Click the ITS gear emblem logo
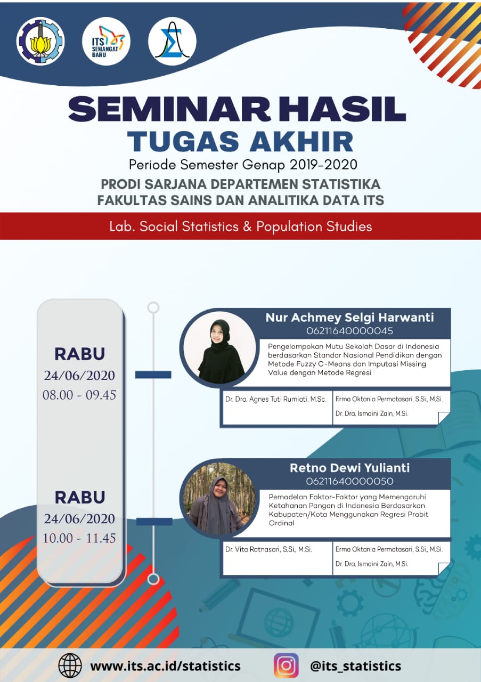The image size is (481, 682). (40, 42)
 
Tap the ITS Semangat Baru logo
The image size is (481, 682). (106, 42)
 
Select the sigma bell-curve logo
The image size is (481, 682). (172, 42)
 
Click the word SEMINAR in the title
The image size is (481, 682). (169, 109)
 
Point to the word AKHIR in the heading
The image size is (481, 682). (301, 141)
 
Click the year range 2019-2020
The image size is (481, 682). (323, 165)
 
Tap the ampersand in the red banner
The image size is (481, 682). (247, 226)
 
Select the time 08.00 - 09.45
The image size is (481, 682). (79, 395)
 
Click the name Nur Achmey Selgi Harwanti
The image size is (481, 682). (349, 317)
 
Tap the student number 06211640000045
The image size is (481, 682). (349, 331)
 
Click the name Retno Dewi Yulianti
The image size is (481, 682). (349, 468)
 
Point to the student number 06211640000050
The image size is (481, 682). (349, 481)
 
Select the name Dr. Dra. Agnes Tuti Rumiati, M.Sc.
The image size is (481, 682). (275, 399)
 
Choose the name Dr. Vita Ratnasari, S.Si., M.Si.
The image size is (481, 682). (268, 549)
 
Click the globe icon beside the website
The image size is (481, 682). (70, 665)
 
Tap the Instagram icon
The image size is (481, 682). (286, 665)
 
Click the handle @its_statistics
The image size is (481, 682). (355, 666)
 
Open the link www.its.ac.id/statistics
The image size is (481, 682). (165, 666)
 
